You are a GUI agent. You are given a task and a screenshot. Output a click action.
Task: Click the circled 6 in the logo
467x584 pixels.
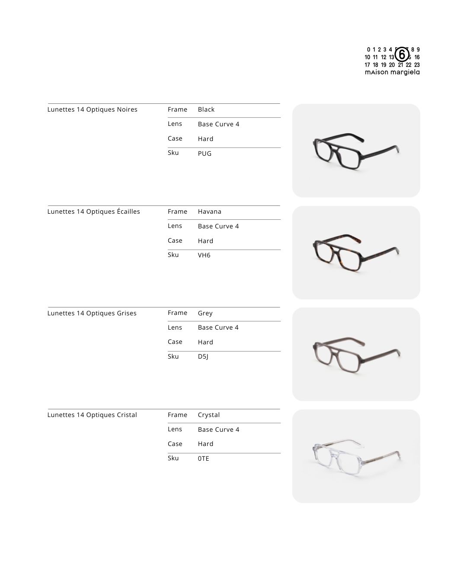tap(402, 55)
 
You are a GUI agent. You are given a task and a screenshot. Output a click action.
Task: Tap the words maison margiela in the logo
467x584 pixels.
tap(392, 72)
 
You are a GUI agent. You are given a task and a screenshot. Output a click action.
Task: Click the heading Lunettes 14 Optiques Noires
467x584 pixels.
tap(92, 109)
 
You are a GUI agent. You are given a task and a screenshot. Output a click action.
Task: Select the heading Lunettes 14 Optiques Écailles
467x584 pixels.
tap(93, 212)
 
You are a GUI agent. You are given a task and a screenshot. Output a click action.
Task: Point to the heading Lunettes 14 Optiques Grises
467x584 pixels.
tap(92, 313)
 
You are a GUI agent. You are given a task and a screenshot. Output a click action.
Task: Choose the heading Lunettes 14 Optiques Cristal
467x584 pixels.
tap(92, 415)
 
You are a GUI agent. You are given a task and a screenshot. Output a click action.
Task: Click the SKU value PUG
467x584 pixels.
tap(205, 154)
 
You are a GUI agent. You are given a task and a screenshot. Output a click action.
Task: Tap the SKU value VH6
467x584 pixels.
tap(204, 255)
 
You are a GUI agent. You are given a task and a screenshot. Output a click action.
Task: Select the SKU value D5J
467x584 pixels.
tap(203, 356)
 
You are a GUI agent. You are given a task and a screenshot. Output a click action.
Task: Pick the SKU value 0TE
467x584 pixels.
tap(204, 459)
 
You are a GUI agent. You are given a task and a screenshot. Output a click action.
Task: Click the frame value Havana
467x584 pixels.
tap(210, 212)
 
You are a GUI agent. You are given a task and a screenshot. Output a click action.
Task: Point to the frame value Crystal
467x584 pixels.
tap(209, 415)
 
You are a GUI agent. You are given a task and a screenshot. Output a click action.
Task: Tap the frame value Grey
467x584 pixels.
tap(205, 313)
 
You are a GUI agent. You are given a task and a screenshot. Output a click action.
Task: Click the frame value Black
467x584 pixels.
tap(206, 109)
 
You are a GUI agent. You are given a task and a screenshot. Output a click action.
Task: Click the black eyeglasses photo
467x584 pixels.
tap(356, 151)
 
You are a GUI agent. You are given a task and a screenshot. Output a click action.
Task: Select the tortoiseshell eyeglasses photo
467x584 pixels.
tap(356, 253)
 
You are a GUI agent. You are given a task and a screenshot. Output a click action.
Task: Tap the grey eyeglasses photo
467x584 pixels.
tap(356, 354)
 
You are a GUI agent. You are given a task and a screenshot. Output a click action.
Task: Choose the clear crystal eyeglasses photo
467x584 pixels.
tap(356, 456)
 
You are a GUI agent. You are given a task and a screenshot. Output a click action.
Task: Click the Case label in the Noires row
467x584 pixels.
tap(175, 138)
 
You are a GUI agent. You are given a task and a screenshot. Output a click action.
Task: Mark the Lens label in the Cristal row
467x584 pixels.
tap(175, 429)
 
